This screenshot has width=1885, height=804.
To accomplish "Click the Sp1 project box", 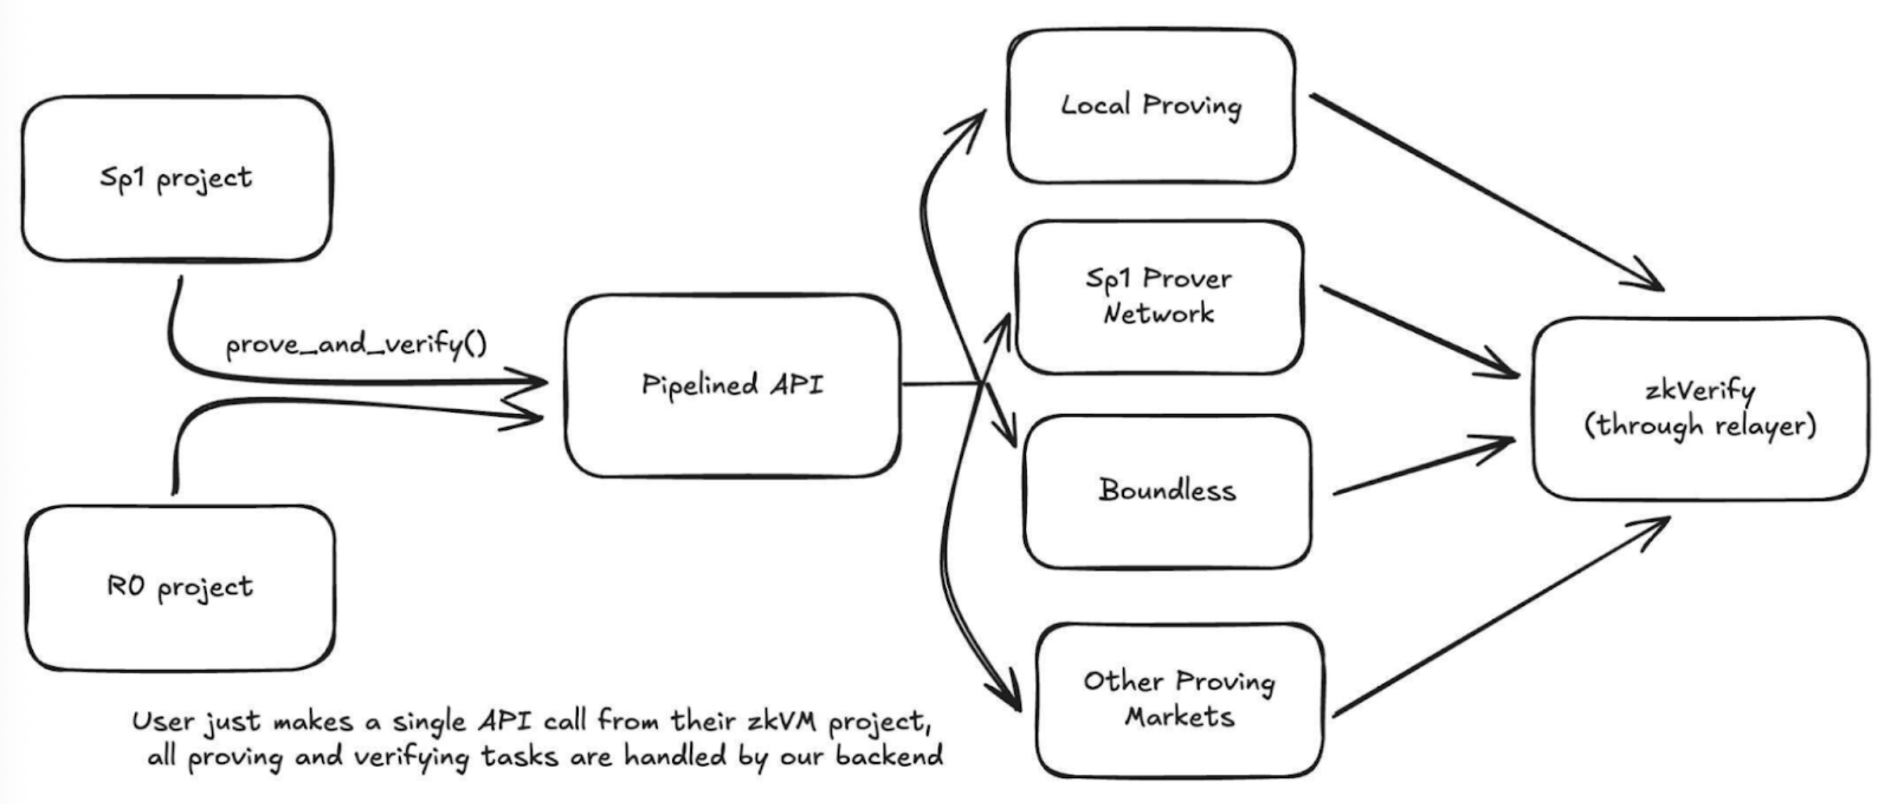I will coord(176,178).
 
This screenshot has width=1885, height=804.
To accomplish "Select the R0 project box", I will coord(179,588).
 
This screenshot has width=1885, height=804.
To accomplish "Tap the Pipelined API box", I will coord(732,385).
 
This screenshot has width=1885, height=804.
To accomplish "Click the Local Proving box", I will coord(1150,106).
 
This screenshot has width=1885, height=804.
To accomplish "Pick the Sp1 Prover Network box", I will coord(1159,296).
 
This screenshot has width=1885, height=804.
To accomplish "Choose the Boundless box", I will coord(1167,490).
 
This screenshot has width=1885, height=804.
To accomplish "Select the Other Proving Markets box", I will coord(1179,699).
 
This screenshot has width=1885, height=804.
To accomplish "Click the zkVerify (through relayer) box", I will coord(1699,408).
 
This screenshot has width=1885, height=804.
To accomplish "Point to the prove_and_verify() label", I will coord(356,345).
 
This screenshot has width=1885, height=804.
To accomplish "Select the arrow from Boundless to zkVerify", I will coord(1419,469).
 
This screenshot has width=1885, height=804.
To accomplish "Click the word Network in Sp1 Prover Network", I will coord(1158,314).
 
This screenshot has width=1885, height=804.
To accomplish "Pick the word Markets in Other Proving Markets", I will coord(1179,717).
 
